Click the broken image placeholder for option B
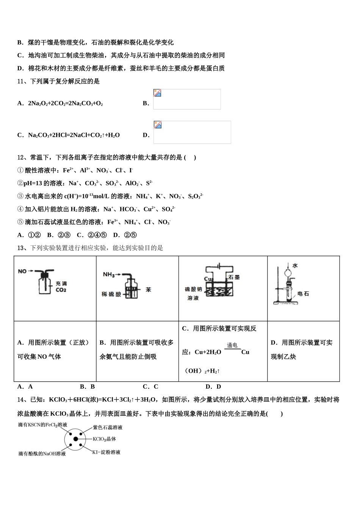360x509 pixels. (x=187, y=99)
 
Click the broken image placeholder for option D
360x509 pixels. (x=192, y=132)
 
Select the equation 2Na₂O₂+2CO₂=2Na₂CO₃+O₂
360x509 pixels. (x=65, y=103)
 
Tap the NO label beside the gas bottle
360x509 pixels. (x=22, y=271)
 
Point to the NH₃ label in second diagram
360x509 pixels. (x=109, y=275)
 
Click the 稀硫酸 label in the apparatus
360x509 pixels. (x=111, y=294)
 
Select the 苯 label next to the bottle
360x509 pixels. (x=148, y=289)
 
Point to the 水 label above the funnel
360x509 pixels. (x=295, y=265)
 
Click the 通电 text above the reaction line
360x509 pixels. (x=232, y=345)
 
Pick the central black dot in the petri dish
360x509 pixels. (x=76, y=439)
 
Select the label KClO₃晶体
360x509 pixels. (x=104, y=439)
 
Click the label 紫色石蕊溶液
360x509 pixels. (x=108, y=427)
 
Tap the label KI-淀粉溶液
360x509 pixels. (x=106, y=452)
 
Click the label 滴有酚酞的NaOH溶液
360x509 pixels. (x=42, y=453)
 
